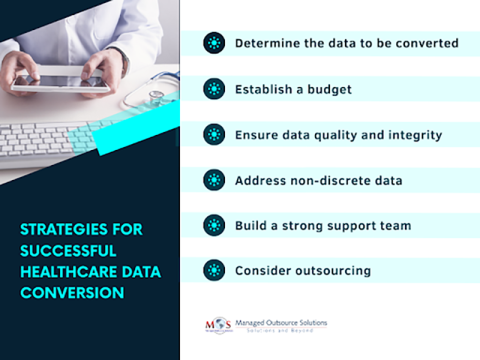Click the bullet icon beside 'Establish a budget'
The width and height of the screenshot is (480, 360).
coord(213,88)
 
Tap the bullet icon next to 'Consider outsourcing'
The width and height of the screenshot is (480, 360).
coord(213,270)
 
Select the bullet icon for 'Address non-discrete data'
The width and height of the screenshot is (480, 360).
coord(213,180)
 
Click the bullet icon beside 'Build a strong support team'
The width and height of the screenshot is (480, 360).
coord(213,225)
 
